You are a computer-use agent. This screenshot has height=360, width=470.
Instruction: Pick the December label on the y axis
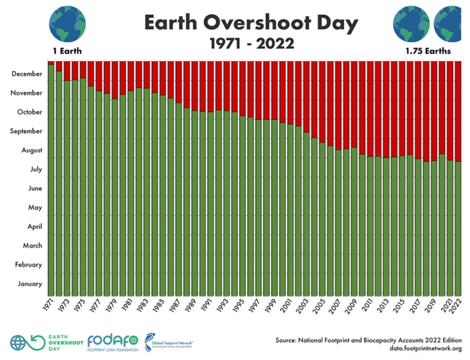coord(26,74)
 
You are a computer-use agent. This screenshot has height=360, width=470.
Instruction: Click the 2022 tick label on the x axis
coord(458,305)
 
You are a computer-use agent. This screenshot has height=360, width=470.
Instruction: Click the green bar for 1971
coord(51,176)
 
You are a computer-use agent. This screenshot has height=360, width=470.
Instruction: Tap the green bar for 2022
coord(458,229)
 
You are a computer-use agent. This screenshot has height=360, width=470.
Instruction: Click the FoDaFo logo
coord(112,342)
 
